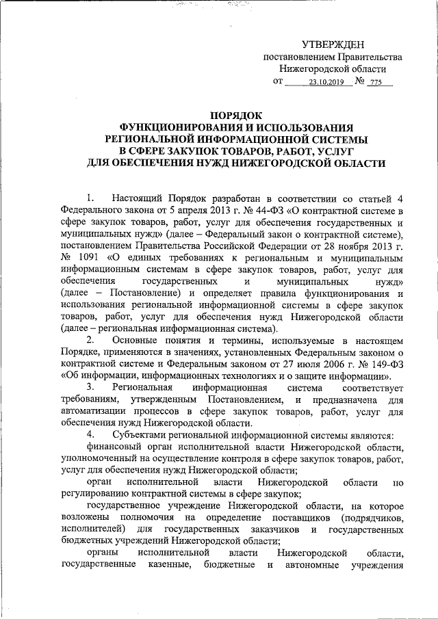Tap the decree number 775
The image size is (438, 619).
click(x=374, y=83)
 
